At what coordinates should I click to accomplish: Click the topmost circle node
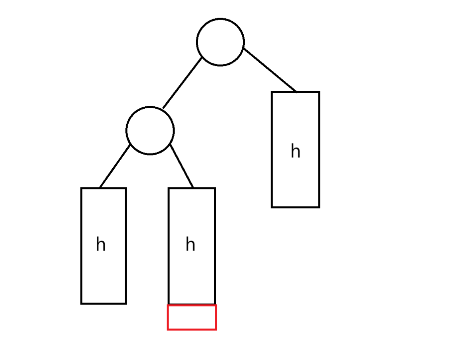coord(220,42)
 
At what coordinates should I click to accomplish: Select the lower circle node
coord(150,130)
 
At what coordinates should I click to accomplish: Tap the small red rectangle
coord(192,317)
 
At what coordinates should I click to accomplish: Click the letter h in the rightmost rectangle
coord(295,151)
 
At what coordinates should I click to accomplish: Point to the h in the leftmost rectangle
coord(101,244)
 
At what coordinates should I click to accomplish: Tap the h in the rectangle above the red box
coord(190,244)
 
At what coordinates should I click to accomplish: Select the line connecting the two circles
coord(183,83)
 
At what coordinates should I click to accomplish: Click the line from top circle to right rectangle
coord(270,70)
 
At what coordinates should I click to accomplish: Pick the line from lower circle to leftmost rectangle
coord(115,166)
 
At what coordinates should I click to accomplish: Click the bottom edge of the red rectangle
coord(192,329)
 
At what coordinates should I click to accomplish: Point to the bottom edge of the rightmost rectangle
coord(295,207)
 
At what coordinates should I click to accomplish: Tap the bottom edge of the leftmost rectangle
coord(103,303)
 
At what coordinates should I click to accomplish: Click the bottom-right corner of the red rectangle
coord(216,329)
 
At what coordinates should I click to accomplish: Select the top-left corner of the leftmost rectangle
coord(81,188)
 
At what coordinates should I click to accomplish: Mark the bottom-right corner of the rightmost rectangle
coord(319,207)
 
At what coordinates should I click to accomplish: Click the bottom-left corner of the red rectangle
coord(168,329)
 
